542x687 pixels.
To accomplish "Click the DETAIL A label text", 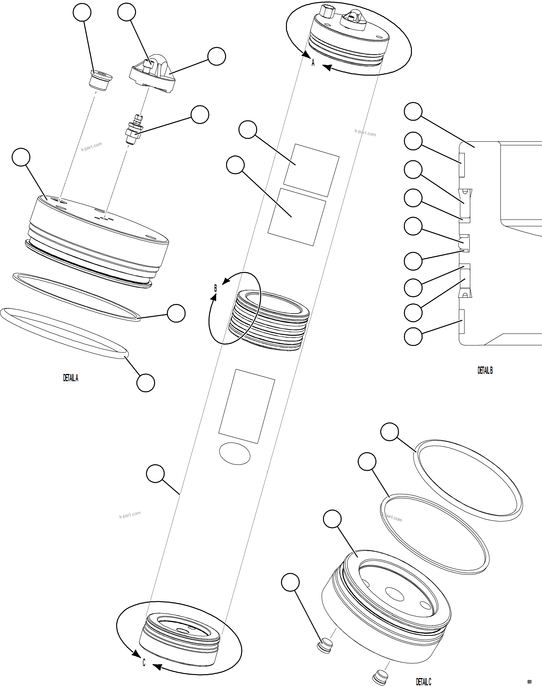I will pyautogui.click(x=70, y=378).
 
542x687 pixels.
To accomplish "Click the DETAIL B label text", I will pyautogui.click(x=485, y=370).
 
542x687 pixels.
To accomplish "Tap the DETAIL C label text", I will pyautogui.click(x=424, y=682).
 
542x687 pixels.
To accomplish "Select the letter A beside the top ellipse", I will pyautogui.click(x=313, y=63).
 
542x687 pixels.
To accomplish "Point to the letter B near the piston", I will pyautogui.click(x=215, y=288).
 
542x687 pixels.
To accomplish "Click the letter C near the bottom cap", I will pyautogui.click(x=144, y=663).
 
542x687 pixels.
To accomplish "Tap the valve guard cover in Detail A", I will pyautogui.click(x=153, y=76).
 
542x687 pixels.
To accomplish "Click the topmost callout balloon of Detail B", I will pyautogui.click(x=413, y=112).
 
